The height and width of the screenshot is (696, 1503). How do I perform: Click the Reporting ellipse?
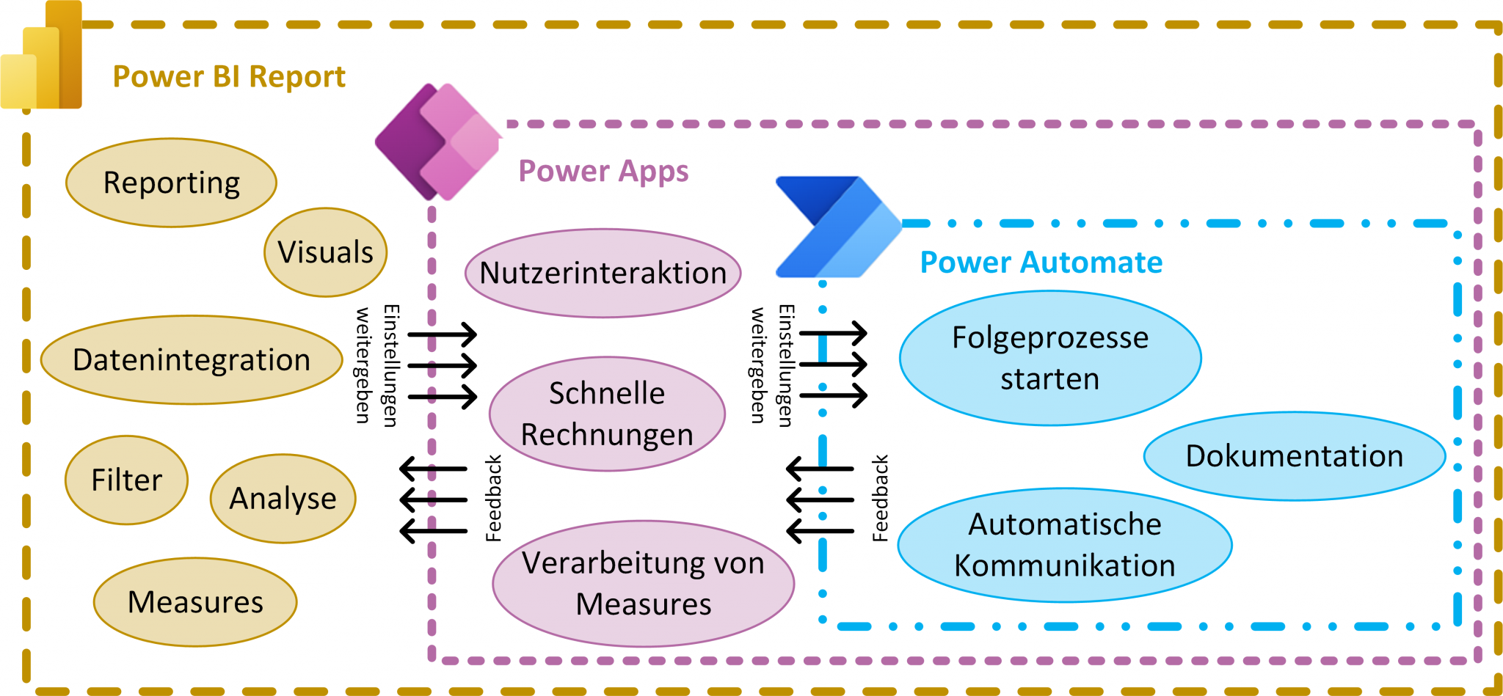pos(171,183)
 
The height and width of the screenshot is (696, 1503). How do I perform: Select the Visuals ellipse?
pos(325,252)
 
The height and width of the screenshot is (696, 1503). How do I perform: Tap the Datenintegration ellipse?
pos(192,360)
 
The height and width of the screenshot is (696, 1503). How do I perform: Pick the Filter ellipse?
pos(126,480)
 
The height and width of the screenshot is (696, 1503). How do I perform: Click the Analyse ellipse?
pos(283,499)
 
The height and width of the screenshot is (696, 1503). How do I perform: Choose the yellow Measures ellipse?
pos(195,602)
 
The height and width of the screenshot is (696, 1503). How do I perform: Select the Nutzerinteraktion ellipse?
pos(603,273)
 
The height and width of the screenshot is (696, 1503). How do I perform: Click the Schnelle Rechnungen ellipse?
pos(607,414)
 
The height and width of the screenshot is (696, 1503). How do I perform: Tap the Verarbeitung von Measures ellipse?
pos(643,584)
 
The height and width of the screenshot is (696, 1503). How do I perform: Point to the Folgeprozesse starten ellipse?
pos(1049,358)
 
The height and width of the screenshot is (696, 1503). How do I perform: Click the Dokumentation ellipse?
pos(1294,456)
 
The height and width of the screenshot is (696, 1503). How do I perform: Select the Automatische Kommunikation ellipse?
pos(1064,545)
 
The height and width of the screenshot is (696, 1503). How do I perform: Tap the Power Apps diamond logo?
pos(438,142)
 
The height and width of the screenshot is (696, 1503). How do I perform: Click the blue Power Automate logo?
pos(837,227)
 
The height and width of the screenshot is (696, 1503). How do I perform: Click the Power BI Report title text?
pos(229,77)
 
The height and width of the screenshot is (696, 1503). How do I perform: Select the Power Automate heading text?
pos(1041,263)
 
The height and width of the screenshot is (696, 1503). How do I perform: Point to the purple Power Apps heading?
pos(603,171)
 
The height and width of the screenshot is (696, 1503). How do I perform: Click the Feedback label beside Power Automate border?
pos(880,499)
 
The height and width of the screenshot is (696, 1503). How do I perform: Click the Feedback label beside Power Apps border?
pos(494,499)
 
